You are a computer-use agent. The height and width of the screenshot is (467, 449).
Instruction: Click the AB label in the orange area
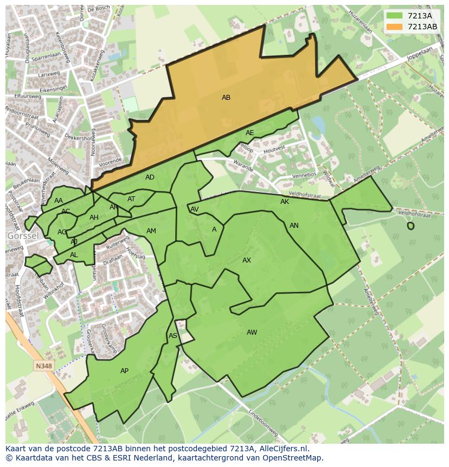click(226, 98)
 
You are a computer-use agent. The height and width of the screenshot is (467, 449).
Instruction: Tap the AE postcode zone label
click(249, 133)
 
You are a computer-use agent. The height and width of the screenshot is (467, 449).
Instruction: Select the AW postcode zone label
click(252, 332)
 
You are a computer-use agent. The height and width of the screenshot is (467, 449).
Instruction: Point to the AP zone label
click(124, 371)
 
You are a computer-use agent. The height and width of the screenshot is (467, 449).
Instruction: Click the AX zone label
click(247, 260)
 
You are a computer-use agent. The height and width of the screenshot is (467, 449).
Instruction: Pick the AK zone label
click(285, 202)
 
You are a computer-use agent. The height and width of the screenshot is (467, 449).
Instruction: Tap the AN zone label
click(294, 226)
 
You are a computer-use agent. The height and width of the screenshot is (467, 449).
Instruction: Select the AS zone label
click(172, 336)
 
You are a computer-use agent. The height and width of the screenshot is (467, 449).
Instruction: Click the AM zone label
click(151, 231)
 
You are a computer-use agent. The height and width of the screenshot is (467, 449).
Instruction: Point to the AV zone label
click(194, 209)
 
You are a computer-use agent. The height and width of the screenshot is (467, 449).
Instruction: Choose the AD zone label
click(150, 177)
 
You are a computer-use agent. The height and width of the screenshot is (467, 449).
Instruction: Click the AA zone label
click(59, 201)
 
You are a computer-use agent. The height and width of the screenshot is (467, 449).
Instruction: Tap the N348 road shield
click(44, 366)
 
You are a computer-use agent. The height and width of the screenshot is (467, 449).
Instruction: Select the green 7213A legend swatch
click(395, 16)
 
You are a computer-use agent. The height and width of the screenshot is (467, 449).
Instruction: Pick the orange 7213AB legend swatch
click(395, 26)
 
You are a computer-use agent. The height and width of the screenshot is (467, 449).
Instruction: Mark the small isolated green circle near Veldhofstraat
click(410, 226)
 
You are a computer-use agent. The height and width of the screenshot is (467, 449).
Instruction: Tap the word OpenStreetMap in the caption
click(292, 458)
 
